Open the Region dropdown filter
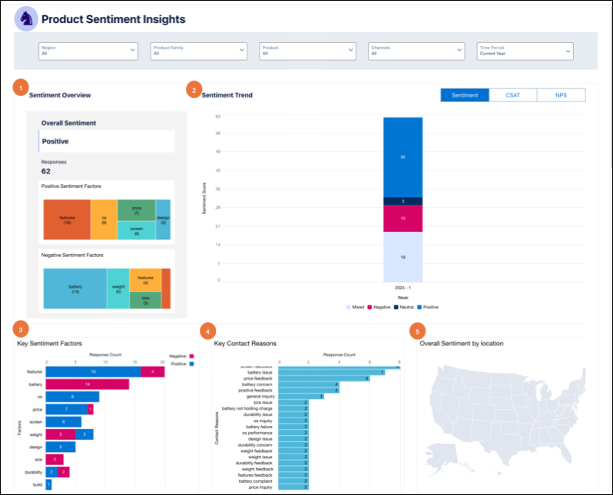[x=88, y=51]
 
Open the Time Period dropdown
[x=525, y=51]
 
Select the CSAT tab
[x=512, y=95]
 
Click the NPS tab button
[x=561, y=95]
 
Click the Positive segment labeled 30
[x=403, y=157]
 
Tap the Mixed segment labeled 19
[x=403, y=257]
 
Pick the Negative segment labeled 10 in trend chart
[x=403, y=219]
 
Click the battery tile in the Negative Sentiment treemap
[x=75, y=289]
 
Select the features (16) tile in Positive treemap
[x=67, y=219]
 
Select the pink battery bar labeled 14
[x=88, y=383]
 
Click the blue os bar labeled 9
[x=72, y=397]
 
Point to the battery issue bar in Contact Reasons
[x=320, y=372]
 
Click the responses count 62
[x=46, y=171]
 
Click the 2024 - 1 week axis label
[x=403, y=286]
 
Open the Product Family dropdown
[x=198, y=51]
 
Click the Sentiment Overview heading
[x=60, y=95]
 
